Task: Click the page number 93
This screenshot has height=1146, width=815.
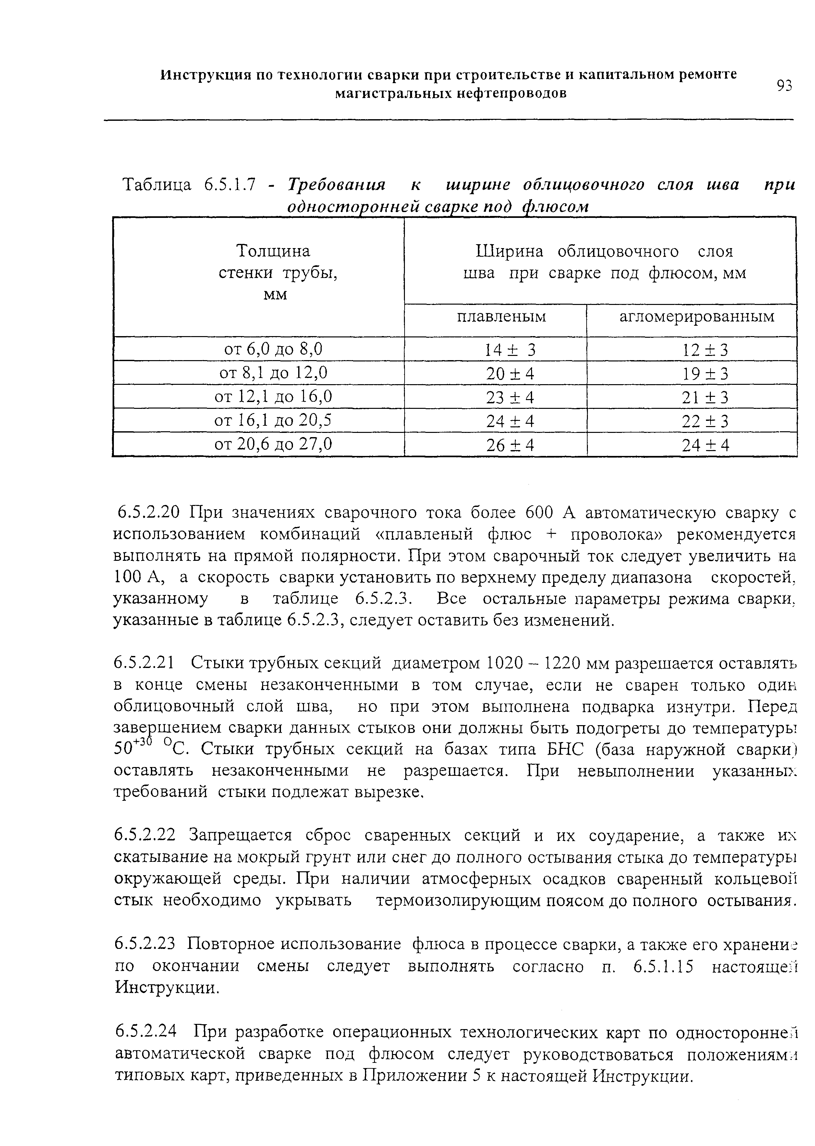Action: click(x=784, y=86)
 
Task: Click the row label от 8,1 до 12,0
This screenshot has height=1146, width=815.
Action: click(x=274, y=372)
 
